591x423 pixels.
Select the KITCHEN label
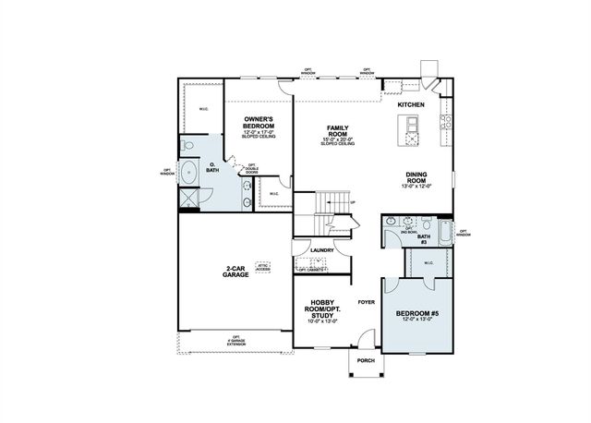(x=411, y=104)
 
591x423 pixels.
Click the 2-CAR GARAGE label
(x=235, y=272)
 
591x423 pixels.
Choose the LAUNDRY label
(x=321, y=249)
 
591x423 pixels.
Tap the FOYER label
(x=367, y=301)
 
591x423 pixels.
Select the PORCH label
(x=365, y=360)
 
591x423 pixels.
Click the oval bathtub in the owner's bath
(x=190, y=173)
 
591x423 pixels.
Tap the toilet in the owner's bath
(x=188, y=145)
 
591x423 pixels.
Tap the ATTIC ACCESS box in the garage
(x=263, y=266)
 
